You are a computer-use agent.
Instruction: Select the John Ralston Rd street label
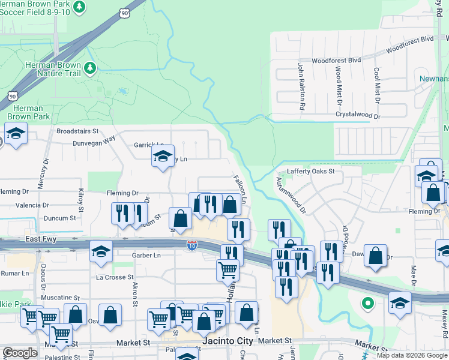pos(301,85)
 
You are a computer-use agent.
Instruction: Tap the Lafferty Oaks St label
pos(310,171)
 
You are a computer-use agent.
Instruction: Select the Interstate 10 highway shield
pos(191,245)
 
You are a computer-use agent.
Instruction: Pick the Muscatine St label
pos(59,298)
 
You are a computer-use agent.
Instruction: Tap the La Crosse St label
pos(115,277)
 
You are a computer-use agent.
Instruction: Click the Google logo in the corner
pos(19,353)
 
